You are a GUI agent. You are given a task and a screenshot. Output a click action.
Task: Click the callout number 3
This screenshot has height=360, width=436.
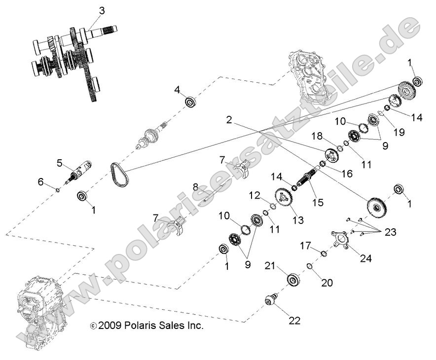(102, 10)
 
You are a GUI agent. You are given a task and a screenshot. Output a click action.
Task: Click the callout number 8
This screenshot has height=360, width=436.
(195, 187)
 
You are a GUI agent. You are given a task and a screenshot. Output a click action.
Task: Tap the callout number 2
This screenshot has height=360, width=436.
(229, 120)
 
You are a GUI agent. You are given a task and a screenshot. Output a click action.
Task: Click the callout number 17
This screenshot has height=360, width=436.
(305, 245)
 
